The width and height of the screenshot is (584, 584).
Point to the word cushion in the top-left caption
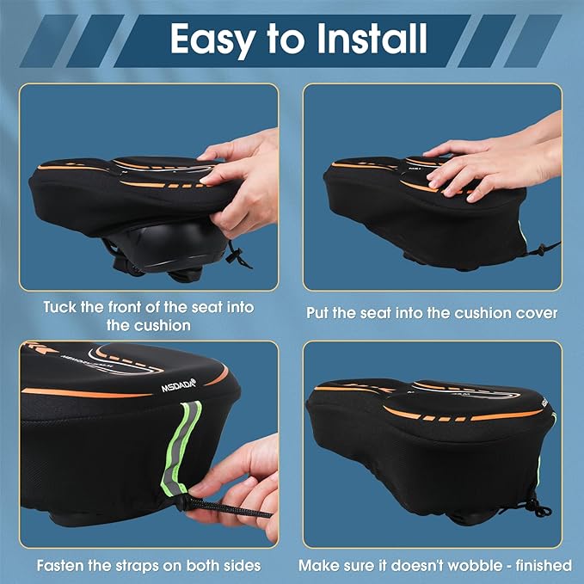coord(162,326)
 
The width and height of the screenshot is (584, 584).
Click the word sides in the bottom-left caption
coord(243,565)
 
